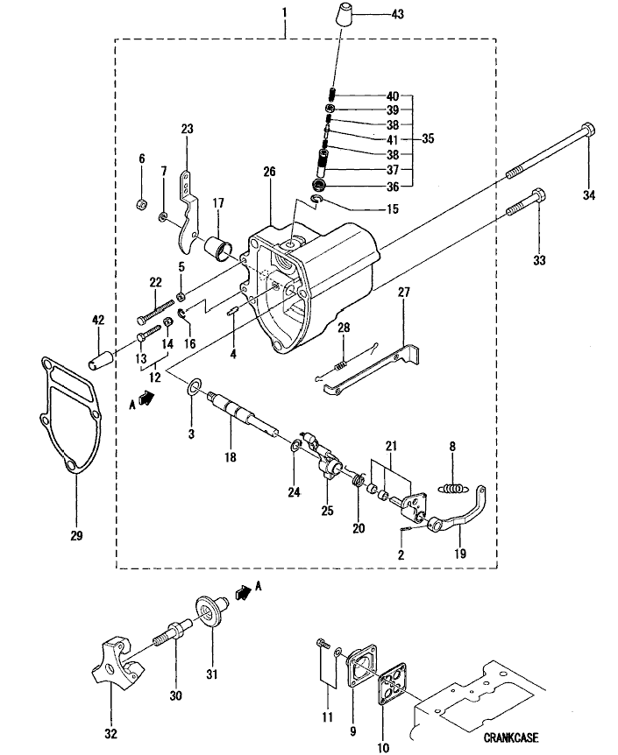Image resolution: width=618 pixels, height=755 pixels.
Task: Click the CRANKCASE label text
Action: [511, 737]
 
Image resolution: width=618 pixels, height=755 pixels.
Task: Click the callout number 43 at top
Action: [397, 14]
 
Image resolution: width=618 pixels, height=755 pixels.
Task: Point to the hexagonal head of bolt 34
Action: [588, 130]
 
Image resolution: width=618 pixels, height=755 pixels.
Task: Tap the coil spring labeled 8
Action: [453, 489]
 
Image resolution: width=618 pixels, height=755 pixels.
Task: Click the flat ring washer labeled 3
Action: [195, 386]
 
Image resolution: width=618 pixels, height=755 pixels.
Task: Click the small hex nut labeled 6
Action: [141, 204]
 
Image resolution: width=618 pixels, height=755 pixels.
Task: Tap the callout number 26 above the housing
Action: [269, 172]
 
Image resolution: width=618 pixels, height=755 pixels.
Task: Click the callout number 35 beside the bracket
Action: [428, 138]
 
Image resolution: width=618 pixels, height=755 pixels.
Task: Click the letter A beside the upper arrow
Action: [132, 405]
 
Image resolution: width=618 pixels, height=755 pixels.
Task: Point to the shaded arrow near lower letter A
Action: [244, 591]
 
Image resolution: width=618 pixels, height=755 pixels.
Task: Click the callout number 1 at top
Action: [284, 11]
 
